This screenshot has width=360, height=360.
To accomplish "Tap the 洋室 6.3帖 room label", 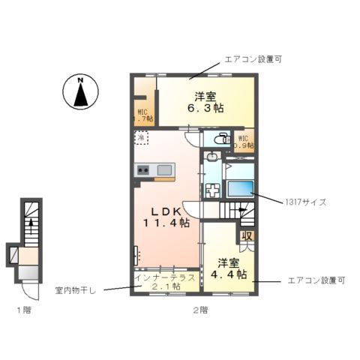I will tap(205, 102).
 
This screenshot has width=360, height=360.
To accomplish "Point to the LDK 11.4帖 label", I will tap(165, 217).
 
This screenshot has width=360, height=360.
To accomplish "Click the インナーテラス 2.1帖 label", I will tap(166, 282).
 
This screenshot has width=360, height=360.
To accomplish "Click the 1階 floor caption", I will tap(25, 310).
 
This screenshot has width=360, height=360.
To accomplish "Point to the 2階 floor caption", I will tap(199, 310).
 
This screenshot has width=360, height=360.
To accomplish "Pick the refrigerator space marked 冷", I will tap(141, 138).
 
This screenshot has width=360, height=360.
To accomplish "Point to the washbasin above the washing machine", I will tap(212, 157).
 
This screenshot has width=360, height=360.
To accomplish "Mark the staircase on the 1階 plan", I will tap(31, 220).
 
